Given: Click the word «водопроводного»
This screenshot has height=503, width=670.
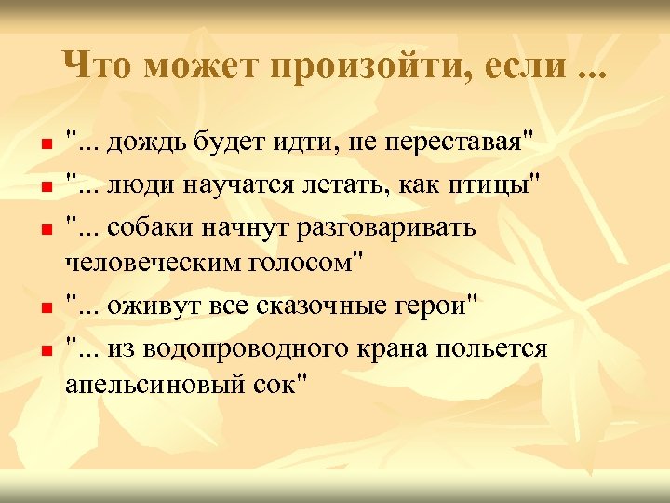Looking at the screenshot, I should pyautogui.click(x=247, y=348).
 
